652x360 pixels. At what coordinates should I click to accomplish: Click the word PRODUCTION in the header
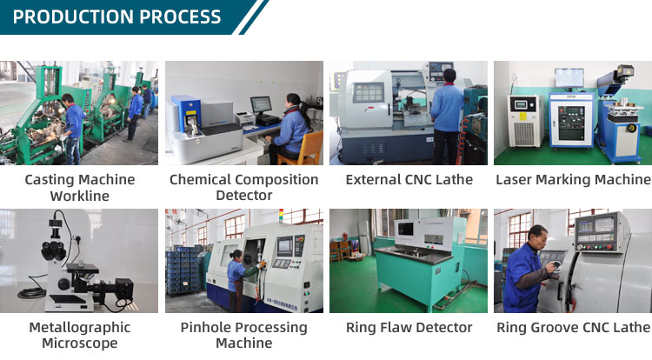pos(73,17)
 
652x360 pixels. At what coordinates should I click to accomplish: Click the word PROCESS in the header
pos(180,17)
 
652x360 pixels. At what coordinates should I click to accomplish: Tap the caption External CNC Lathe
pos(409,180)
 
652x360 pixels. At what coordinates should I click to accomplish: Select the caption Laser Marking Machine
pos(573,180)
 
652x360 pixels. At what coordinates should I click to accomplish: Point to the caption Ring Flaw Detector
pos(409,328)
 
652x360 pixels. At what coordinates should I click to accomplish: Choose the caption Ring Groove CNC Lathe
pos(574,328)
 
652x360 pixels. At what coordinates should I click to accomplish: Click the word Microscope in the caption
pos(80,343)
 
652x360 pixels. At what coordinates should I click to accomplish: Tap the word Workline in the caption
pos(80,196)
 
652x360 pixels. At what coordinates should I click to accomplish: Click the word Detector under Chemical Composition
pos(244,196)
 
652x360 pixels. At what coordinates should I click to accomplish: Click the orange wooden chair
pos(303,150)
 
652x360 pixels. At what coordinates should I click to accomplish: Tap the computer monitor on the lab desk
pos(261,106)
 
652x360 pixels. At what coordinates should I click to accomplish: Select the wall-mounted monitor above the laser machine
pos(569,78)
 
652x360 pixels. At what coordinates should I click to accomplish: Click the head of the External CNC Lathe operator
pos(449,76)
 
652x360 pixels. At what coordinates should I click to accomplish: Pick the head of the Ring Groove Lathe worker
pos(537,237)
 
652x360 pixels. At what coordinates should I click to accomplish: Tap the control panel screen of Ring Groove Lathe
pos(585,227)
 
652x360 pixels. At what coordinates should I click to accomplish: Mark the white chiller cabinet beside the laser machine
pos(526,121)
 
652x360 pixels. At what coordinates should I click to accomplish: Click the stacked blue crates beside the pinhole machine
pos(183,270)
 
